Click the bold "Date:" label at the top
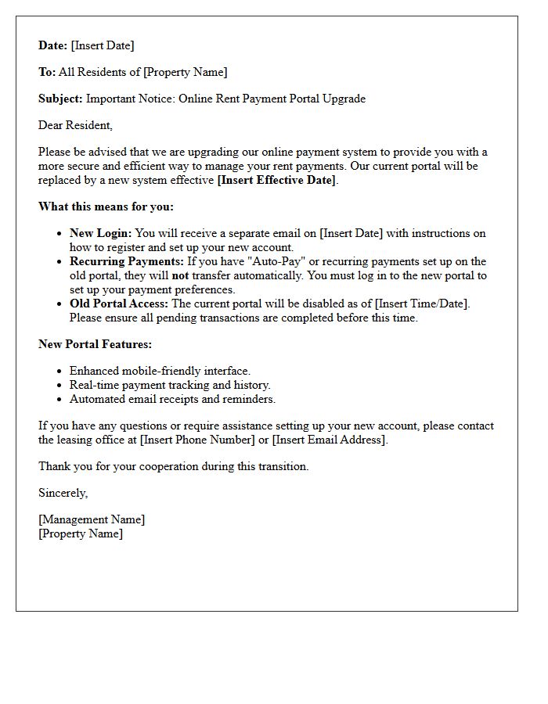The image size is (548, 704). tap(53, 45)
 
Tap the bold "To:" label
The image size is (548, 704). tap(47, 72)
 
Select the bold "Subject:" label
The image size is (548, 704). tap(60, 99)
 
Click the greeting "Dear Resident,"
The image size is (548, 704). tap(75, 125)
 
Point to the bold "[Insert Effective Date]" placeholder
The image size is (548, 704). tap(277, 180)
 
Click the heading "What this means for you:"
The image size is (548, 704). tap(106, 207)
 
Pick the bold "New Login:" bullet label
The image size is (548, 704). tap(101, 233)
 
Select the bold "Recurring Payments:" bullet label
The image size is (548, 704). tap(126, 261)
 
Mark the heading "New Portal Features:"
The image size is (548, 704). tap(95, 344)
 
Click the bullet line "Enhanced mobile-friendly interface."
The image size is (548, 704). tap(160, 371)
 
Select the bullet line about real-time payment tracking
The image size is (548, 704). tap(170, 385)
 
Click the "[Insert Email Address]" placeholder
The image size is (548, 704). tap(329, 440)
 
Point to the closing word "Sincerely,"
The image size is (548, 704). tap(63, 493)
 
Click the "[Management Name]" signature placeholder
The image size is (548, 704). tap(92, 519)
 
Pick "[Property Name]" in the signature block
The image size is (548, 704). tap(81, 533)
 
